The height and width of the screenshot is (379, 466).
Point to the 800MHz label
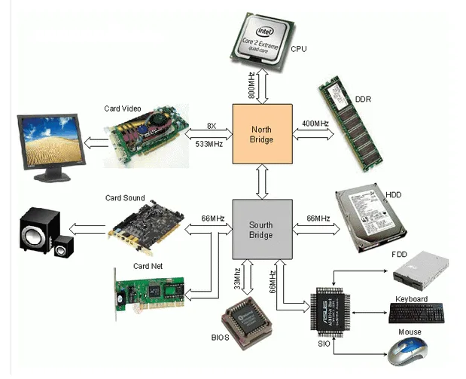pyautogui.click(x=250, y=85)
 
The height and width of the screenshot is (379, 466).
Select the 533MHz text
pyautogui.click(x=209, y=143)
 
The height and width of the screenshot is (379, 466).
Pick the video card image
pyautogui.click(x=146, y=136)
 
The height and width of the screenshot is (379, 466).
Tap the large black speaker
pyautogui.click(x=35, y=229)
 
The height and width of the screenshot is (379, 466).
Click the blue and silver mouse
pyautogui.click(x=413, y=349)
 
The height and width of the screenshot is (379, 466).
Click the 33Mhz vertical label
pyautogui.click(x=236, y=278)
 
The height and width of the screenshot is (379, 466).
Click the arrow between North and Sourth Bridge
pyautogui.click(x=260, y=181)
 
